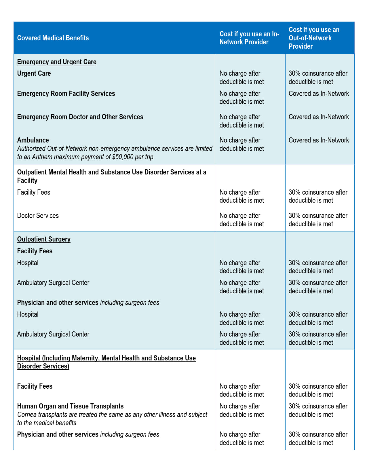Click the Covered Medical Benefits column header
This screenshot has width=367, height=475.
(53, 38)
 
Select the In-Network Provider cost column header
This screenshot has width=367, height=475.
(249, 38)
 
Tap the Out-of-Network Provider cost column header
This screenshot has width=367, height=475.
(314, 38)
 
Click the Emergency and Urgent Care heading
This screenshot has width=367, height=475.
(57, 62)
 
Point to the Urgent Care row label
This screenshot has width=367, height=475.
(34, 73)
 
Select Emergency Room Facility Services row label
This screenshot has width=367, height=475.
(66, 94)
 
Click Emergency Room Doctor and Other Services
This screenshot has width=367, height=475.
(80, 117)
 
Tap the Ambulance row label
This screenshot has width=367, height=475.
(33, 140)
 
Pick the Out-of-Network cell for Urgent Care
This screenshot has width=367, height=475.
(318, 77)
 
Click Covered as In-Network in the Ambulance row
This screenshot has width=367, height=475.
(319, 140)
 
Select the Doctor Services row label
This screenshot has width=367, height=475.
(38, 216)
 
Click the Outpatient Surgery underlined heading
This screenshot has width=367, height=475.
(44, 239)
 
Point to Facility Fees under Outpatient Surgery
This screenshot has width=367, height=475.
(35, 251)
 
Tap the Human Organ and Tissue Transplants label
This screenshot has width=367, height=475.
(70, 406)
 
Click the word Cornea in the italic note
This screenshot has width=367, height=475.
(27, 415)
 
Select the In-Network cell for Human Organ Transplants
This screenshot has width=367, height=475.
(242, 410)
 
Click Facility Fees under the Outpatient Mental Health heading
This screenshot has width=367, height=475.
(33, 192)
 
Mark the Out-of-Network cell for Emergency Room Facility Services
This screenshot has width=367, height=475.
(319, 94)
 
